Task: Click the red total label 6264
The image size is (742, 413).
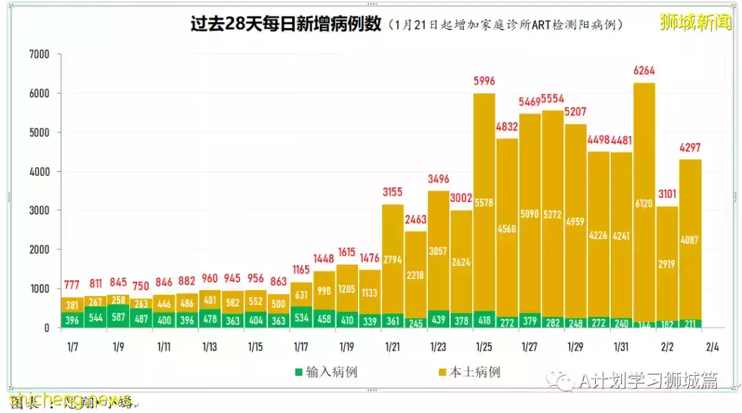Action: [644, 71]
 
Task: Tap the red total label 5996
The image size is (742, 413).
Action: [484, 81]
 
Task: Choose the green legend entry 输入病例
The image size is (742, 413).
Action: [326, 372]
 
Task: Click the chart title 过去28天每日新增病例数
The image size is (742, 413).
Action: [286, 24]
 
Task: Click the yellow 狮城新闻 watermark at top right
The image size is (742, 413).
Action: [695, 22]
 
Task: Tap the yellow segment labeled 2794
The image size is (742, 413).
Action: [392, 259]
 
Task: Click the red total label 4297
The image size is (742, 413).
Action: [690, 148]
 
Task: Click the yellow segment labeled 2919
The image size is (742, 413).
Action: [666, 264]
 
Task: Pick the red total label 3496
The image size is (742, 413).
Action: [438, 179]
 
